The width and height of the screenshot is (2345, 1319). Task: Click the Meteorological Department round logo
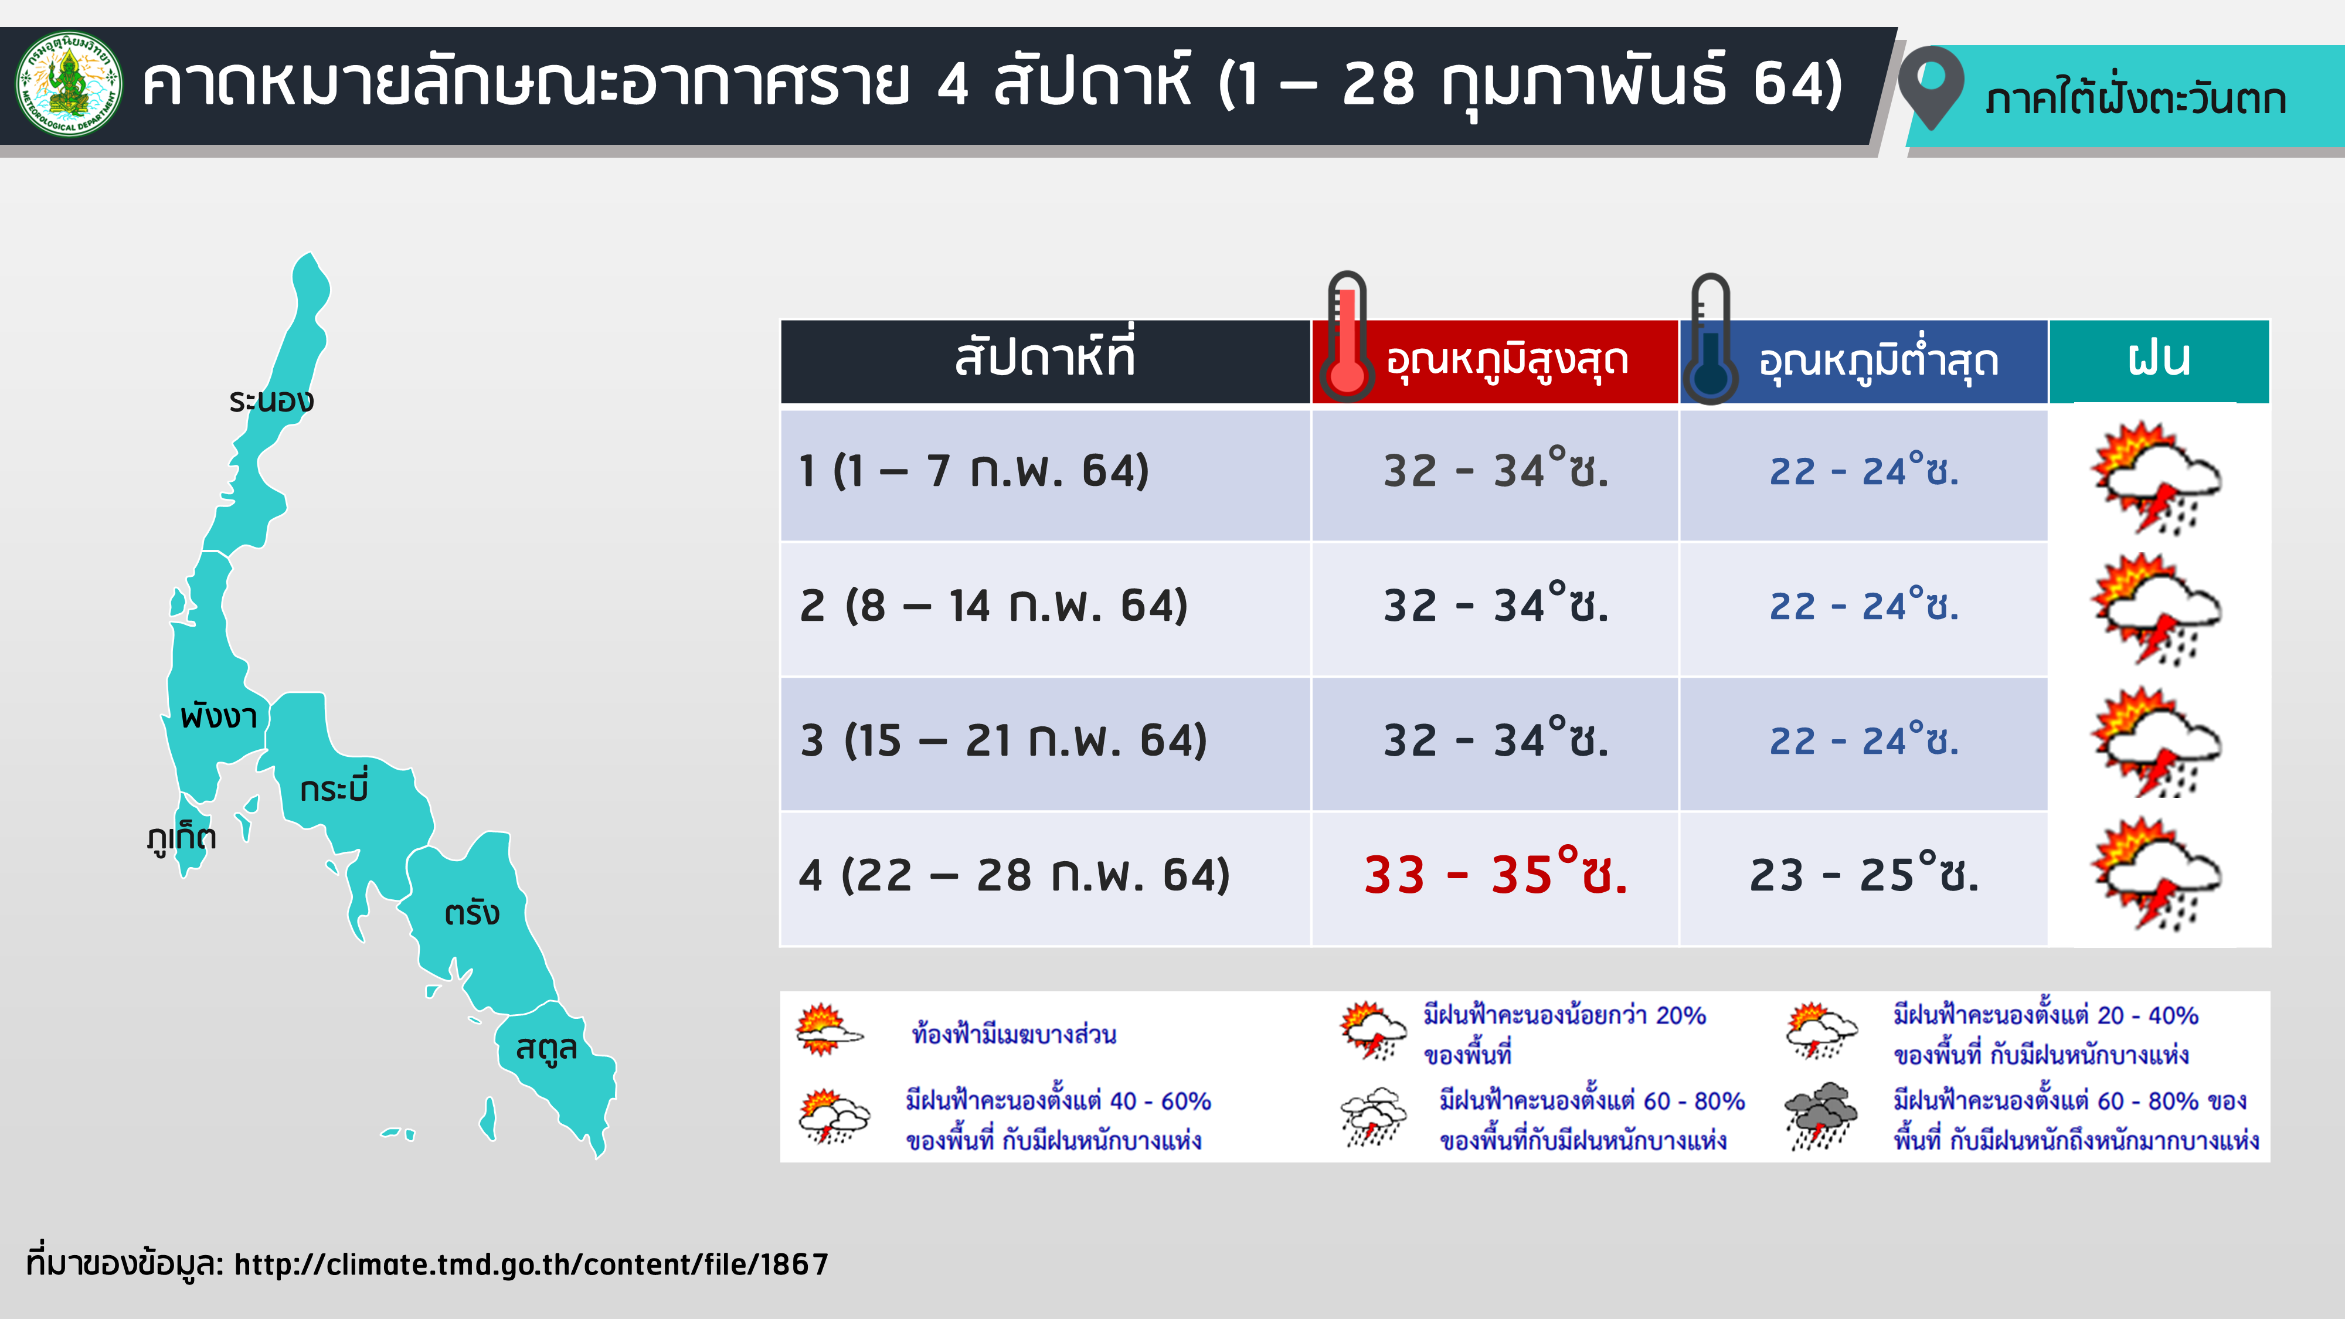[x=69, y=84]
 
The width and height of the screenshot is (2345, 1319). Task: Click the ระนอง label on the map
[x=271, y=400]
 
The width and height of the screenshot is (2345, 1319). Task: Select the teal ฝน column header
[x=2159, y=361]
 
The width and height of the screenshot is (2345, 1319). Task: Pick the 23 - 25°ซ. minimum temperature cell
[x=1864, y=874]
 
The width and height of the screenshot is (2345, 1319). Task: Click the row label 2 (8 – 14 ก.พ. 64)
[x=994, y=606]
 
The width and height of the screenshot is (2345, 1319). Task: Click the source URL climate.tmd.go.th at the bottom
[x=532, y=1264]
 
